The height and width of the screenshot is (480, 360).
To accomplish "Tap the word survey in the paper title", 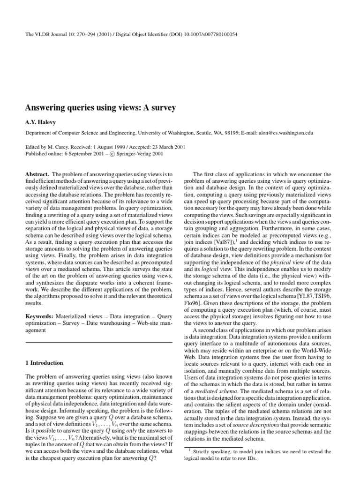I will (x=164, y=108).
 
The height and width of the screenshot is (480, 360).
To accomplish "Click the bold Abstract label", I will (x=36, y=174).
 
